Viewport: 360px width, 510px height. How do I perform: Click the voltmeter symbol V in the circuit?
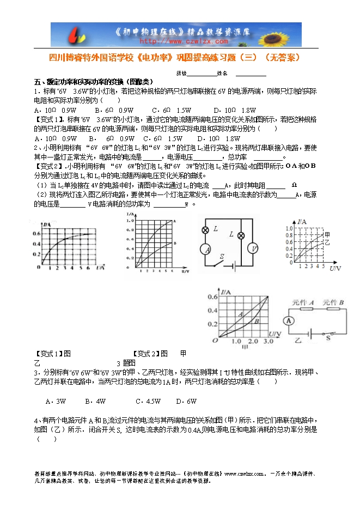pos(253,248)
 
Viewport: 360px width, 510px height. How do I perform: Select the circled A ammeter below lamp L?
pos(205,250)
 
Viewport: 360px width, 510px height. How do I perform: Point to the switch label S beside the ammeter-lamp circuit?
pos(222,256)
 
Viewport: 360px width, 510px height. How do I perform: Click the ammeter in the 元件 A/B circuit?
pos(291,320)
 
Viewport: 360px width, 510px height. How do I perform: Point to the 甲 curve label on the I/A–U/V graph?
pos(327,234)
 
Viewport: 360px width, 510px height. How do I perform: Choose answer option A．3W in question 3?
pos(56,402)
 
